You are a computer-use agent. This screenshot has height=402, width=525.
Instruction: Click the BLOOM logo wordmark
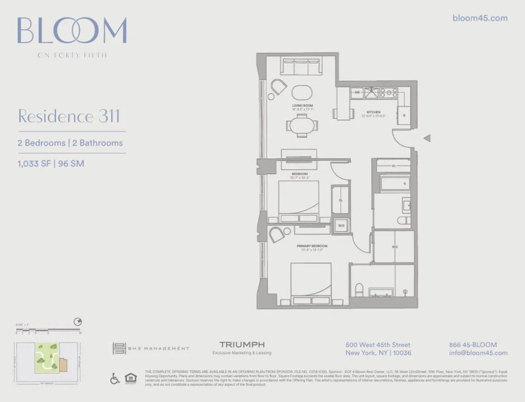point(72,31)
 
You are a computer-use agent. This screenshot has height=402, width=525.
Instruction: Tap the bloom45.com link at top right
point(480,18)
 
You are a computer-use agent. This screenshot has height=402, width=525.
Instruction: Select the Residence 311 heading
point(69,116)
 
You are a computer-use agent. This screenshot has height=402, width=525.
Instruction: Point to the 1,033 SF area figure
point(34,163)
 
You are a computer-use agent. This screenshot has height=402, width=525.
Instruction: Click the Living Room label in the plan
point(302,106)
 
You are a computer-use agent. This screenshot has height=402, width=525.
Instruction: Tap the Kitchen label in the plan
point(373,112)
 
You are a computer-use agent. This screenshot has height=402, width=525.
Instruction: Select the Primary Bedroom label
point(312,246)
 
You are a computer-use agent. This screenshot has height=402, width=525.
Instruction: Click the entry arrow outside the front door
point(427,138)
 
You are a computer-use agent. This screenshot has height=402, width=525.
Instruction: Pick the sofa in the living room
point(301,67)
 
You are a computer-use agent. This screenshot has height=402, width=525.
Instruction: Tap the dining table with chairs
point(302,125)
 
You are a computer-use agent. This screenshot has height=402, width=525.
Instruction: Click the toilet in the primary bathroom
point(360,289)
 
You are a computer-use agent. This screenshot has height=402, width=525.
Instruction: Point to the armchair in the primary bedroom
point(277,234)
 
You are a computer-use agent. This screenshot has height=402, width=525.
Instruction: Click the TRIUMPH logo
point(242,345)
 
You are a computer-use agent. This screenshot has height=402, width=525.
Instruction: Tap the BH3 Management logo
point(151,348)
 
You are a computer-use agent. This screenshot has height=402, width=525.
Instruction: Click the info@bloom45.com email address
point(478,353)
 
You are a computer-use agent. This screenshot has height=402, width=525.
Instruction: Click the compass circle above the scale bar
point(78,322)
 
